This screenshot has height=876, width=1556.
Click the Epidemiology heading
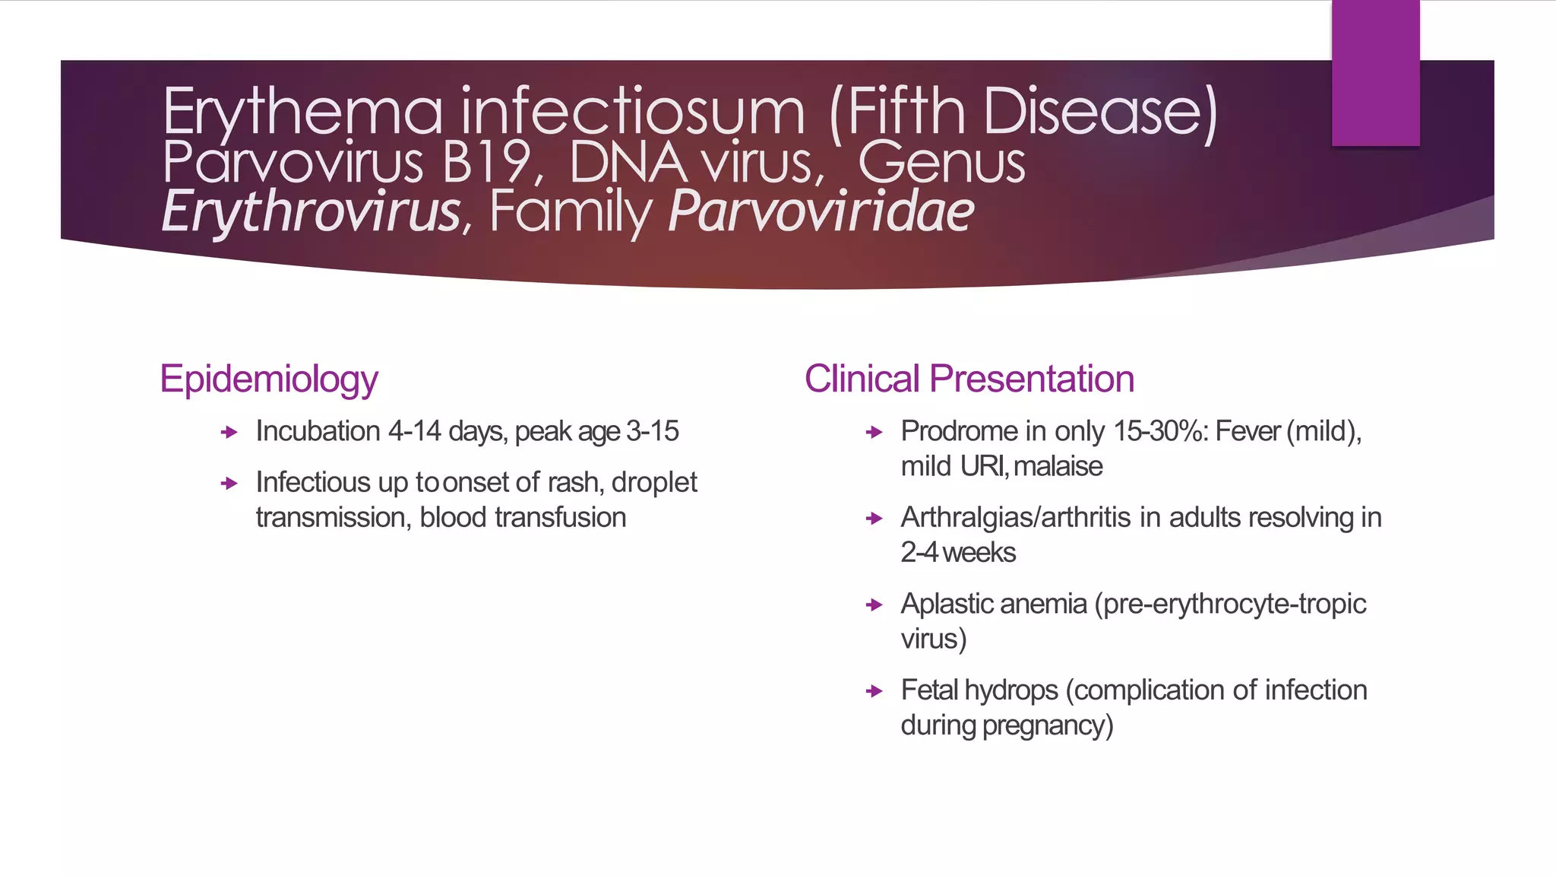point(268,379)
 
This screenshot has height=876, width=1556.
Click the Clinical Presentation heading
point(969,379)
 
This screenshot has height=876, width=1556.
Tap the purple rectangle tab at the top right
point(1375,73)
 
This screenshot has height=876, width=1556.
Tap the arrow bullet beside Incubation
point(229,433)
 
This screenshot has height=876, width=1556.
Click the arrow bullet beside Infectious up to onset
point(229,484)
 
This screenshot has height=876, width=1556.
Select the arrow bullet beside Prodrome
point(874,433)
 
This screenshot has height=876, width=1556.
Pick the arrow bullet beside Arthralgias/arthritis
point(874,519)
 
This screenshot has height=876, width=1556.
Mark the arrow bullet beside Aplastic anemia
point(874,605)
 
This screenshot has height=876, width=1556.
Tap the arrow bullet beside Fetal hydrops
point(874,691)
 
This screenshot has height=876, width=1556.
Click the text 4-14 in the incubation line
point(414,431)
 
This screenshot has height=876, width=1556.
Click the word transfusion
point(560,518)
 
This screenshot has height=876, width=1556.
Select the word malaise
point(1058,466)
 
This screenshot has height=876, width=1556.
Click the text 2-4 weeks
point(957,553)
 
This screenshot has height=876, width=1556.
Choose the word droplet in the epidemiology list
point(654,482)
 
